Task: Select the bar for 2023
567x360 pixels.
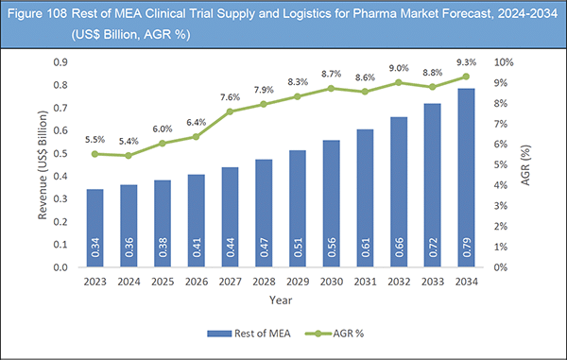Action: click(x=94, y=228)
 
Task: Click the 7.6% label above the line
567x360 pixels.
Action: click(x=229, y=95)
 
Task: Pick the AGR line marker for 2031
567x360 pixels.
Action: click(x=364, y=91)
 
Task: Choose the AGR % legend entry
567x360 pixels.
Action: click(x=341, y=333)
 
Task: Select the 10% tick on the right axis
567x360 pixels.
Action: click(x=507, y=62)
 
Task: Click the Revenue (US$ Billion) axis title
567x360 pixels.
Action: click(x=43, y=164)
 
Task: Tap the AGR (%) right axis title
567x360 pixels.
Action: click(x=536, y=164)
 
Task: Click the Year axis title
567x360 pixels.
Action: click(x=279, y=300)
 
